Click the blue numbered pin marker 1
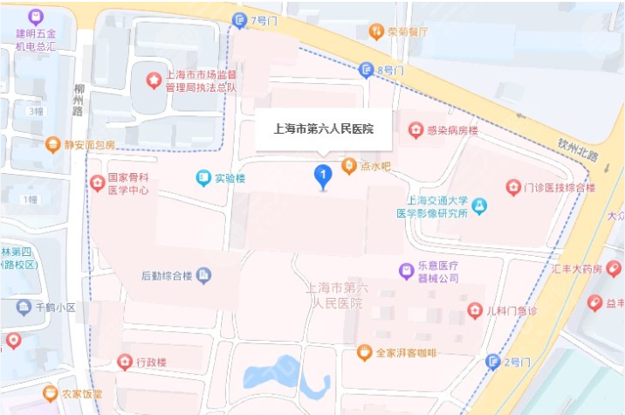pos(322,176)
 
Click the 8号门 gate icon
pos(367,70)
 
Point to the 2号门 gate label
pos(519,361)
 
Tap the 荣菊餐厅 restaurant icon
pos(376,31)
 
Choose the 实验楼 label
pos(231,178)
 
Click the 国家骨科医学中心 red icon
pos(98,183)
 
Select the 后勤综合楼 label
pos(166,276)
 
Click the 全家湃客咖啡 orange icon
pos(364,352)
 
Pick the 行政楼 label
pos(151,362)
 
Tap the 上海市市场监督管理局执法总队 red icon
pos(154,80)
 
